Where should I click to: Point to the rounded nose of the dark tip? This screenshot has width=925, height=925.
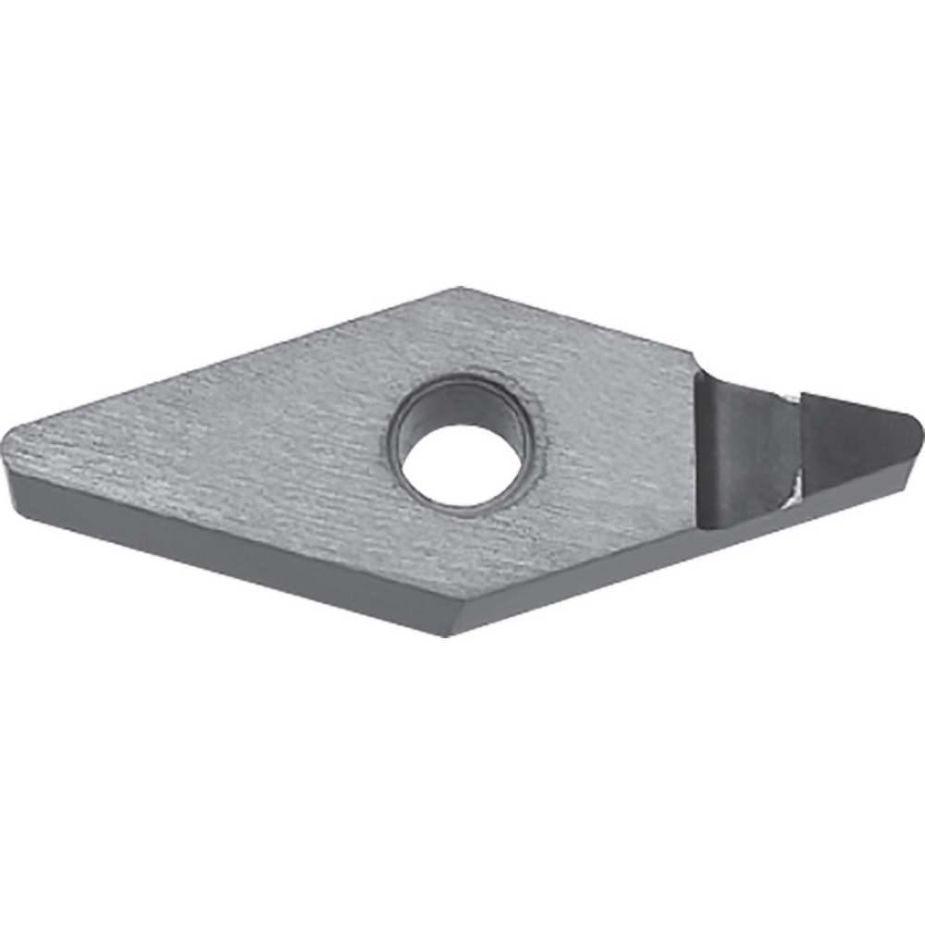[x=916, y=427]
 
